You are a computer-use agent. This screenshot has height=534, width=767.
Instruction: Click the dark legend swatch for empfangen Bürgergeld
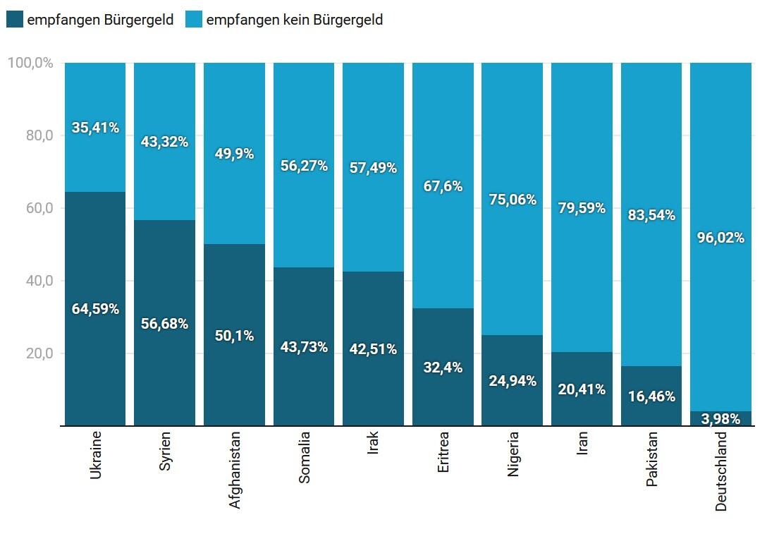coord(15,20)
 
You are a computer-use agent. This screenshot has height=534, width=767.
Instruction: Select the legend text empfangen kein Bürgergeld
coord(294,20)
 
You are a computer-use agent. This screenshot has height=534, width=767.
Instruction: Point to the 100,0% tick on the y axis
coord(30,63)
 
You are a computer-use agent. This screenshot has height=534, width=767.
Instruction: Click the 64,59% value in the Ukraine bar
coord(95,309)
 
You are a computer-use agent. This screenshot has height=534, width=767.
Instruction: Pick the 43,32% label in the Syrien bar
coord(164,142)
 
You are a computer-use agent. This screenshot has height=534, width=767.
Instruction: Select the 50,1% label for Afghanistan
coord(234,336)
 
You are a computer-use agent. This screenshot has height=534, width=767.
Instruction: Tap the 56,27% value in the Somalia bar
coord(304,166)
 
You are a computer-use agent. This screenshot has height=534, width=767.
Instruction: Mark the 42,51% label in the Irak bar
coord(373,349)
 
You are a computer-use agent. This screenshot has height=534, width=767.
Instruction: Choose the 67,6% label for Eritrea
coord(443,186)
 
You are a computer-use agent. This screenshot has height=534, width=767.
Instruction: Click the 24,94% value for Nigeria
coord(513,382)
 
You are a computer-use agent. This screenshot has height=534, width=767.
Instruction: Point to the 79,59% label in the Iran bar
coord(582,208)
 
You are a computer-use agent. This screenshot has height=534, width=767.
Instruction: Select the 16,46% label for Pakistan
coord(651,396)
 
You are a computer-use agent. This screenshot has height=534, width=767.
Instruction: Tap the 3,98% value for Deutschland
coord(720,419)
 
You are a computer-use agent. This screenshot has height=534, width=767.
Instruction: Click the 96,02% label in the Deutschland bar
coord(720,238)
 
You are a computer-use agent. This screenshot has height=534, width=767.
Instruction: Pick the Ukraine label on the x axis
coord(96,455)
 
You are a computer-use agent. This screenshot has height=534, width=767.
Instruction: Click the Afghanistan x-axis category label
coord(235,470)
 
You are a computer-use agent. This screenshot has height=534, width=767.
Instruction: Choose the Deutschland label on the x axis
coord(721,471)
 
